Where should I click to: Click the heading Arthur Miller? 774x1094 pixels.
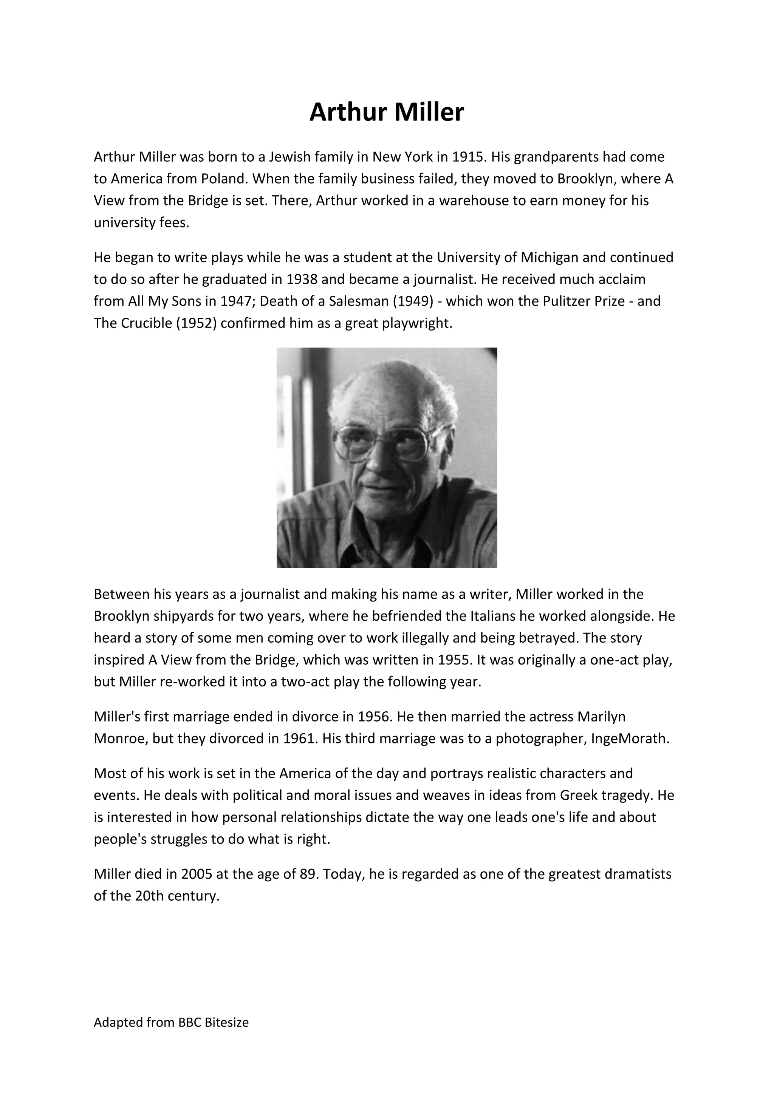[387, 113]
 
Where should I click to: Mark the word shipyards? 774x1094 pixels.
[183, 616]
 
